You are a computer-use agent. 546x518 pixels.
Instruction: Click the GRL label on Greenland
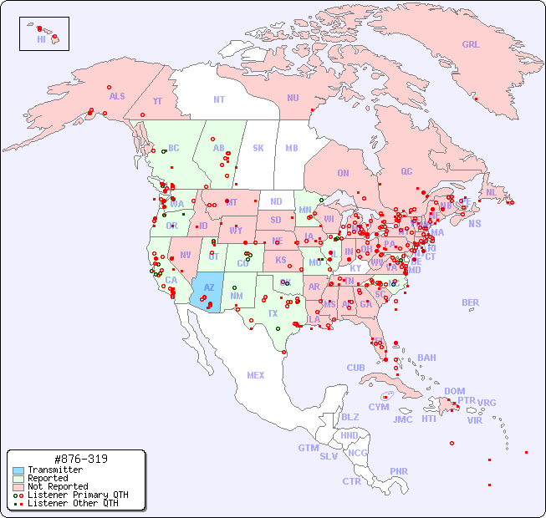click(x=471, y=45)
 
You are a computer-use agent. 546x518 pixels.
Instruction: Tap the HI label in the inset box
click(x=41, y=39)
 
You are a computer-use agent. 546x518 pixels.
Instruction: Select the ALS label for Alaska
click(x=117, y=96)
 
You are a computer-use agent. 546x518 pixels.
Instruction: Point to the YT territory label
click(x=157, y=100)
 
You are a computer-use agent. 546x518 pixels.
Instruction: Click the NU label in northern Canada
click(x=293, y=98)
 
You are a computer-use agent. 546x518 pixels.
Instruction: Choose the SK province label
click(x=258, y=148)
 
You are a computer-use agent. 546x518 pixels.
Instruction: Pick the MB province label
click(x=292, y=148)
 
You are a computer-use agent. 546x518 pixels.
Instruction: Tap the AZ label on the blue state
click(x=209, y=287)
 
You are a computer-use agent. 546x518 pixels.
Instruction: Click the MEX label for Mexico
click(x=256, y=375)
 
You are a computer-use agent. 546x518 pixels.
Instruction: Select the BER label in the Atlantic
click(x=471, y=302)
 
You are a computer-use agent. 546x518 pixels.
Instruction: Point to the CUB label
click(x=355, y=368)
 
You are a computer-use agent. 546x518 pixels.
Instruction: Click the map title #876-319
click(x=79, y=459)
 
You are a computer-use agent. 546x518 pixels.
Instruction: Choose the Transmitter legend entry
click(x=54, y=470)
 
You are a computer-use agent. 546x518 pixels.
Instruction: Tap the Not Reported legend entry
click(x=57, y=486)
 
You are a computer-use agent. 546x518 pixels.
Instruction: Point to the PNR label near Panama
click(x=399, y=471)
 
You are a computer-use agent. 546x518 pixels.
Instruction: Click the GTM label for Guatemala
click(x=308, y=448)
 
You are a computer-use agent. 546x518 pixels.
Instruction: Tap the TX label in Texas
click(x=273, y=313)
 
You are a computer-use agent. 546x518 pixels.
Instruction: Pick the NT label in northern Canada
click(x=219, y=99)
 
